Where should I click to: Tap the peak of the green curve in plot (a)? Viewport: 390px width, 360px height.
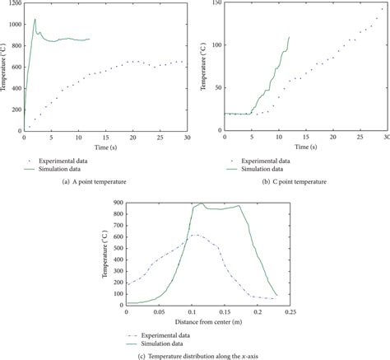coord(35,19)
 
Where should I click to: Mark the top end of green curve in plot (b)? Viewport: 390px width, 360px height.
coord(290,36)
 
